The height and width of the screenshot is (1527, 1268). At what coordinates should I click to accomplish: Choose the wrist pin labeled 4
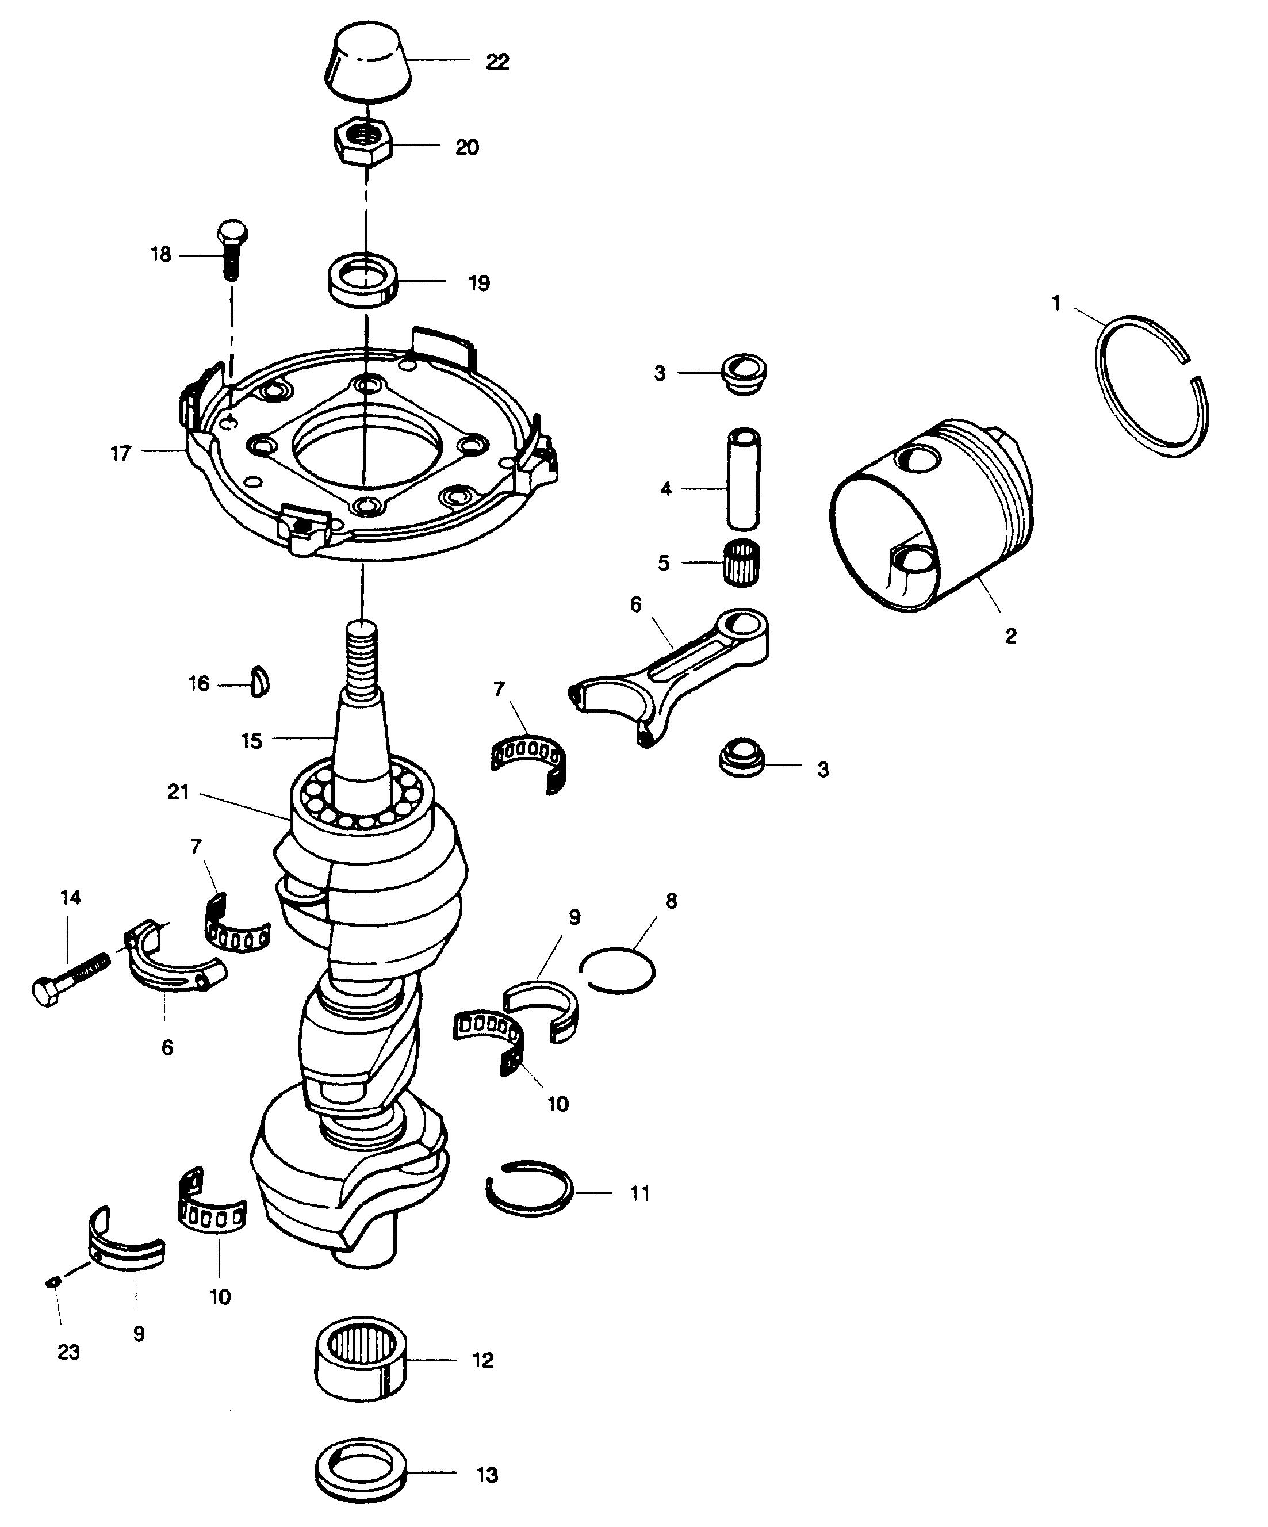tap(742, 479)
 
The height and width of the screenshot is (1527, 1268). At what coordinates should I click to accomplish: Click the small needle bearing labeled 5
tap(742, 562)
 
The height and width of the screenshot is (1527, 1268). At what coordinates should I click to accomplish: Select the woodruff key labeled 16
tap(259, 683)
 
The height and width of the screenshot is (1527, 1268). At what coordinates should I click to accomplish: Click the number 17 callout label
tap(121, 453)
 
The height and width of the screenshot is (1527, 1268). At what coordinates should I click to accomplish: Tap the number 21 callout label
tap(178, 792)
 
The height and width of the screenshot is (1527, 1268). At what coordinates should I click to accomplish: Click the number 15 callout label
tap(251, 741)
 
